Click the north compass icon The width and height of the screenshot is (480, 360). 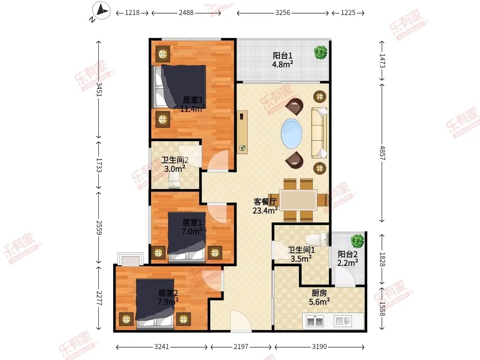click(101, 11)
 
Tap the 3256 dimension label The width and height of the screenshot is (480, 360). click(282, 13)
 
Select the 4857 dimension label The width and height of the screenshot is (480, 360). click(382, 153)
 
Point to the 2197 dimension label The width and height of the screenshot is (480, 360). click(241, 346)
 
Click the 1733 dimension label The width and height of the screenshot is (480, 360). click(99, 165)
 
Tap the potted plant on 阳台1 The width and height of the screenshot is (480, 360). click(320, 52)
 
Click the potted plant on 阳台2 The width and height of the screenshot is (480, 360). click(357, 241)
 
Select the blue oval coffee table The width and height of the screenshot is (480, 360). click(292, 134)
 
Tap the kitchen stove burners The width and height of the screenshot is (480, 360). click(315, 321)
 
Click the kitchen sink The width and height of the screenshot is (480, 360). click(343, 321)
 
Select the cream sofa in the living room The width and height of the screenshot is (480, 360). click(320, 133)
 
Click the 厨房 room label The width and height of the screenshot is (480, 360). click(319, 293)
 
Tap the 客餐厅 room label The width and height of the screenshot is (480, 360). click(265, 202)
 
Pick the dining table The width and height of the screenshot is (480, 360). click(298, 200)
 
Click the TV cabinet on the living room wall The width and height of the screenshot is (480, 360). click(242, 132)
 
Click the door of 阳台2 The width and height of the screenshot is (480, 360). click(345, 276)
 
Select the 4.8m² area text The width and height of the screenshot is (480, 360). click(282, 64)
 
